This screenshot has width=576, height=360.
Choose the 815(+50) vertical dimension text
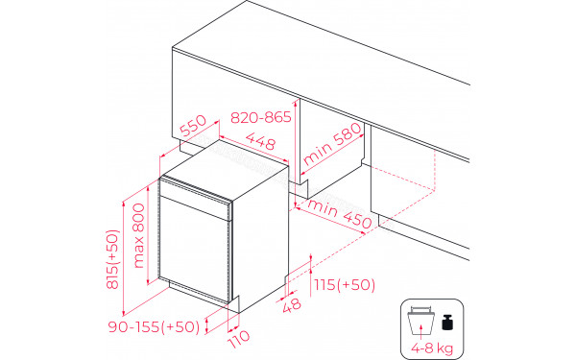112,260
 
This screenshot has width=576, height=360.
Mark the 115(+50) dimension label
344,285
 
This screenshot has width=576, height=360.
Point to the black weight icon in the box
446,316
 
